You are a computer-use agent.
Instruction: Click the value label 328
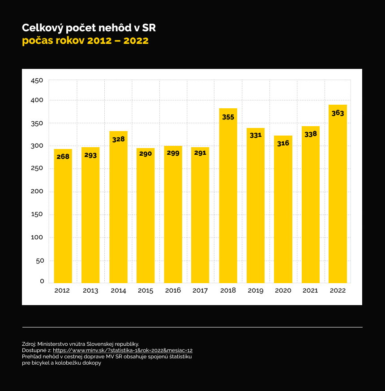(118, 139)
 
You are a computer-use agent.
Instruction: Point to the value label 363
(338, 113)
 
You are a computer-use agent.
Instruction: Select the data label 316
(283, 144)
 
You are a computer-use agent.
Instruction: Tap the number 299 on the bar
(173, 153)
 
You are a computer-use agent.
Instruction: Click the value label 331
(255, 135)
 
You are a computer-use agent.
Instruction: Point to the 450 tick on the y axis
(37, 81)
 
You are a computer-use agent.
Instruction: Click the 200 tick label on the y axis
(37, 191)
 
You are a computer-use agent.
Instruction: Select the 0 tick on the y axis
(42, 281)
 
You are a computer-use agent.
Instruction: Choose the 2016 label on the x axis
(173, 290)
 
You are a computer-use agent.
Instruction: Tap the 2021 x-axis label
(310, 290)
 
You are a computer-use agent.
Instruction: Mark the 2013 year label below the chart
(90, 290)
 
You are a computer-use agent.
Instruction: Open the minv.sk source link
(123, 350)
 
